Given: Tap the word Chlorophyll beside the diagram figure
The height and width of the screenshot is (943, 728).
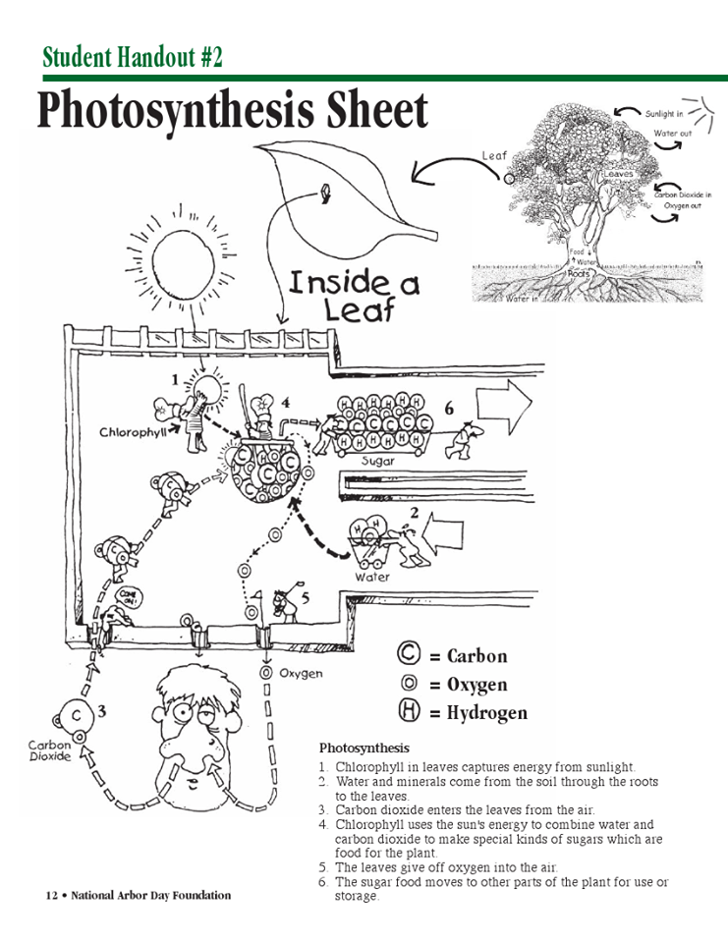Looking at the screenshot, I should click(x=132, y=431).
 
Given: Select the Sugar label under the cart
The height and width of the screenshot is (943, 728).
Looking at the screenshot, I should click(x=378, y=460).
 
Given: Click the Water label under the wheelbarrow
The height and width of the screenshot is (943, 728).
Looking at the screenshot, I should click(x=371, y=577).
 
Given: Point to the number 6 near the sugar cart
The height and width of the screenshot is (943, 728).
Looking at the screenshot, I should click(x=449, y=409).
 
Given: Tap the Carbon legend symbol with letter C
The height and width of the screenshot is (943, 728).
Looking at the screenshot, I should click(x=409, y=654).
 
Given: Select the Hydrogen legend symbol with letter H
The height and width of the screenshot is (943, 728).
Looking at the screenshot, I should click(x=410, y=712).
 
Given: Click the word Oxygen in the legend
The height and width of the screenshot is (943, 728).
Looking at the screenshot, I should click(x=477, y=685).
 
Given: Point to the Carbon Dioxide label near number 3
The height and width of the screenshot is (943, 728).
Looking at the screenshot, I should click(x=49, y=751).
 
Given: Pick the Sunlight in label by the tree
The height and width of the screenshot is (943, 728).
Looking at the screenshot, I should click(x=664, y=114).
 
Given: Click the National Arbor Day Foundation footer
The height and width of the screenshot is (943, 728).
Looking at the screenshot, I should click(x=139, y=895).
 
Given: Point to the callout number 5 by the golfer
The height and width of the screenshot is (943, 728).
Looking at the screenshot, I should click(x=306, y=597).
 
